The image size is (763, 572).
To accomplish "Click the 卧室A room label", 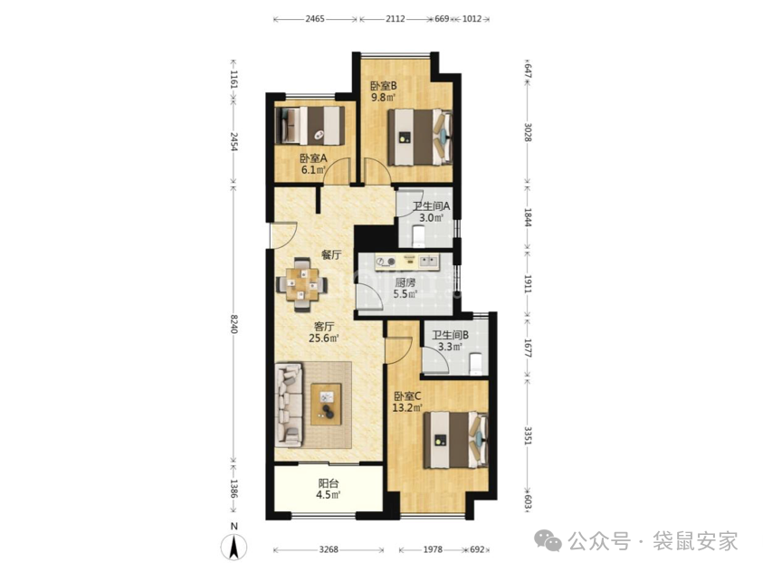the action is [x=313, y=158].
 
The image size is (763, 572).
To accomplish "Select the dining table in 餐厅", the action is [x=301, y=284].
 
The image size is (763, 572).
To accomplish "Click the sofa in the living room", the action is [x=289, y=405].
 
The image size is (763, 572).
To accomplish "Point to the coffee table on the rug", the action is [x=326, y=405].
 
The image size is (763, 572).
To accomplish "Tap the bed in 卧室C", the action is [x=455, y=440].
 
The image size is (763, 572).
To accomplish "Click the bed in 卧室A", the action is [x=310, y=126].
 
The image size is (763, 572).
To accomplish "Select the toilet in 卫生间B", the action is [x=476, y=365].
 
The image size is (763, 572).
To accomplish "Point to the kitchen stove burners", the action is [x=386, y=262].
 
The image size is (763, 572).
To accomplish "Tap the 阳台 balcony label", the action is [x=329, y=483].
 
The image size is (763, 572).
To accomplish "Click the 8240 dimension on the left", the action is [x=234, y=324].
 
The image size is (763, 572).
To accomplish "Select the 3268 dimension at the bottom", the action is [x=329, y=549].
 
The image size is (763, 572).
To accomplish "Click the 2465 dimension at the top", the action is [x=315, y=19].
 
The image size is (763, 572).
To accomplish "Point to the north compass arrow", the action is [x=234, y=547].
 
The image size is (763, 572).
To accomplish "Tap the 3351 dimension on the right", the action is [x=528, y=435].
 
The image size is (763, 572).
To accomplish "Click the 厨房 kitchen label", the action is [x=405, y=282].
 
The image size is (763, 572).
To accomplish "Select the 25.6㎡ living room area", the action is [x=324, y=338].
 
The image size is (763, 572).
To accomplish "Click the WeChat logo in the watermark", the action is [x=548, y=541].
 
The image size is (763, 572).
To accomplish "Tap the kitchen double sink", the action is [x=429, y=262].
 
